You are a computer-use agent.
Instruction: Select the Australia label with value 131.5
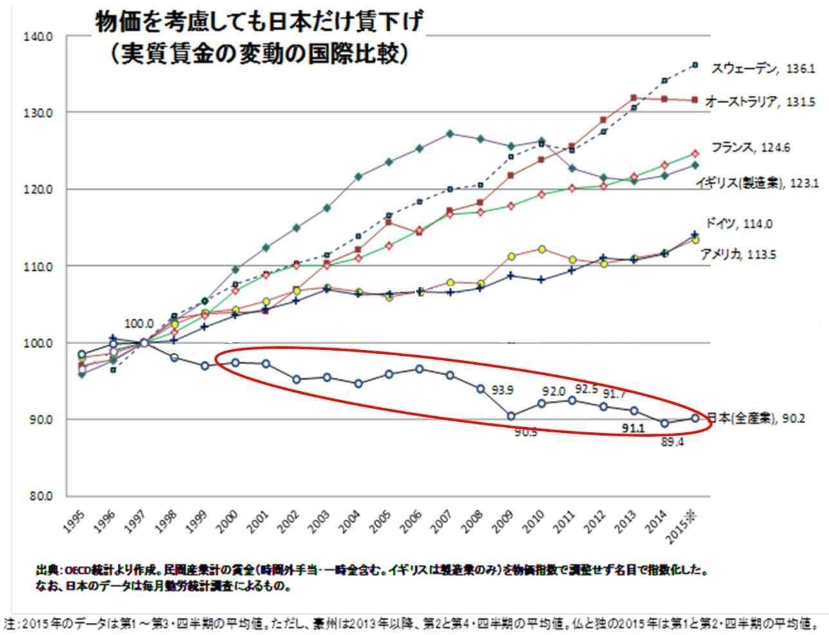(x=751, y=102)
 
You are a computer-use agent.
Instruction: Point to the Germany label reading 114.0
(x=739, y=224)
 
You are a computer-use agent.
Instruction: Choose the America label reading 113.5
(x=738, y=254)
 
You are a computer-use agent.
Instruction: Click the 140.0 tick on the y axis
(x=38, y=37)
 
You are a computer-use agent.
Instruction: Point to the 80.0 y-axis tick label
(x=39, y=496)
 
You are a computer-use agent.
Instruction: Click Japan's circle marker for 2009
(x=511, y=416)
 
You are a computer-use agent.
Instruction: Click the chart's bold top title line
(x=259, y=24)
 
